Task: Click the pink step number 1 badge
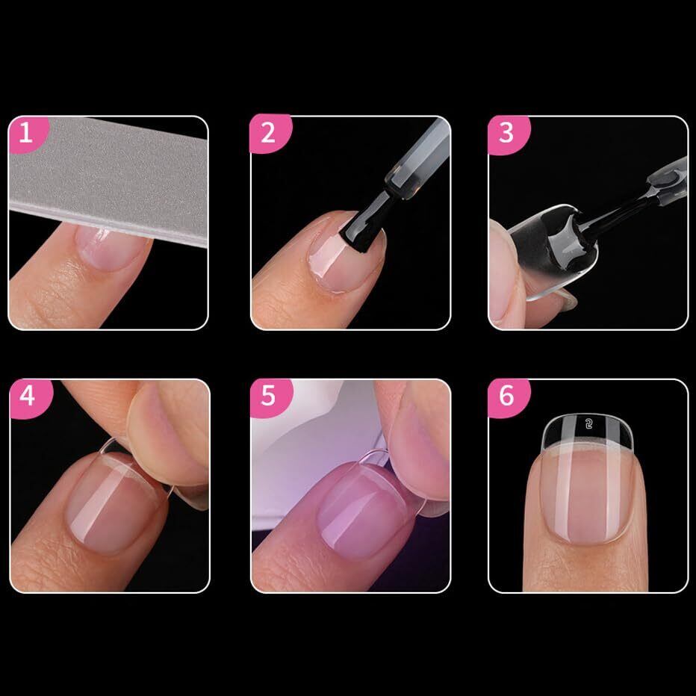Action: click(x=28, y=134)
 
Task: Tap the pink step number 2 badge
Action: click(x=270, y=134)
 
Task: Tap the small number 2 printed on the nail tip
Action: click(x=589, y=424)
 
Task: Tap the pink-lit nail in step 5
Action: click(x=361, y=511)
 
